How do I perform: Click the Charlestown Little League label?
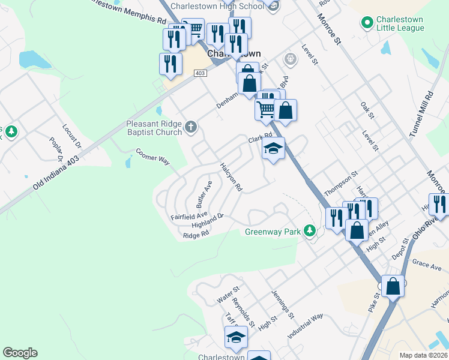coord(400,23)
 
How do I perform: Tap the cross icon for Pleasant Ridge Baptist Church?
coord(191,127)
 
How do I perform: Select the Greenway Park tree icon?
coord(310,230)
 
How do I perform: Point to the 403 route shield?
coord(200,73)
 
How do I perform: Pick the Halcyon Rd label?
coord(231,177)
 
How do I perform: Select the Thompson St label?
coord(340,183)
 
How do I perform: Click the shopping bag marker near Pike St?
coord(393,286)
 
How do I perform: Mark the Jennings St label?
coord(283,306)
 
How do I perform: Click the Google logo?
coord(20,353)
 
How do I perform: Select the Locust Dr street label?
coord(71,136)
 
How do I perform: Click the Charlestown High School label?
coord(217,6)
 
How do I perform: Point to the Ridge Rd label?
coord(196,235)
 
